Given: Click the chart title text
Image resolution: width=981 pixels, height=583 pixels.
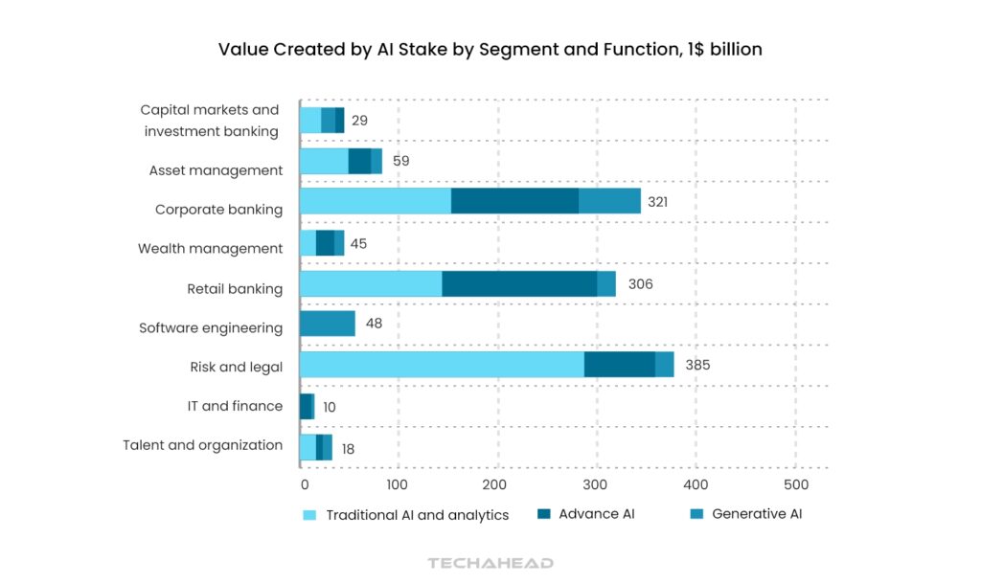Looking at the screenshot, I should pos(490,49).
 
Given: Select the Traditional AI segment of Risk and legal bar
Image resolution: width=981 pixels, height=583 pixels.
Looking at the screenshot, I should pos(442,365).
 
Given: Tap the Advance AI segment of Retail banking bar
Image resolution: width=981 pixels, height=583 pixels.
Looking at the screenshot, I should pos(519,284).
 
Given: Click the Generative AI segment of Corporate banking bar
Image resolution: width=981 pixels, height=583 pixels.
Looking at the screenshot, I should pos(609,201).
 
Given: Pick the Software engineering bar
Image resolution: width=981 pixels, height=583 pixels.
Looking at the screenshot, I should pos(328,325).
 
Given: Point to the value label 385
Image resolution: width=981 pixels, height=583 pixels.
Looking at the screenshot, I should pos(697,365).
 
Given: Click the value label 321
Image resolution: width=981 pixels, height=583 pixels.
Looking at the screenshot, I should pos(657,202).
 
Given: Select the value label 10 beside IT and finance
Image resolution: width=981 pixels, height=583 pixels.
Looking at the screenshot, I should pos(330,407).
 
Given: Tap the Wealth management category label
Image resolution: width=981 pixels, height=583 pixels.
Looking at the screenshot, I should pos(210,249).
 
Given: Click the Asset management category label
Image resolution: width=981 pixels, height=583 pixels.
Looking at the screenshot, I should pos(216,170).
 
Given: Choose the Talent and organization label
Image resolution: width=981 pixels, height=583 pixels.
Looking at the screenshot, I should pos(202,445).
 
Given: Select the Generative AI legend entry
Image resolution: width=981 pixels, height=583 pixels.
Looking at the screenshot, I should pos(756,514).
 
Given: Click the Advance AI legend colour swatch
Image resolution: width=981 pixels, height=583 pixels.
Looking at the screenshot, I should pos(544,514).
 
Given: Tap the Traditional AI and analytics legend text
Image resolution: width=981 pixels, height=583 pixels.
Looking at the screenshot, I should pos(417,515).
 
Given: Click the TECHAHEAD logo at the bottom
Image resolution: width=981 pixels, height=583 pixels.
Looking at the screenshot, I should pos(490,563).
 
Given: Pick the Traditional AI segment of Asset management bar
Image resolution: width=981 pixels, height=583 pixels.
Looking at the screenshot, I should pos(324,161).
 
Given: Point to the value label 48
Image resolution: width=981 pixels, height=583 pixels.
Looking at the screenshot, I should pos(374,324).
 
